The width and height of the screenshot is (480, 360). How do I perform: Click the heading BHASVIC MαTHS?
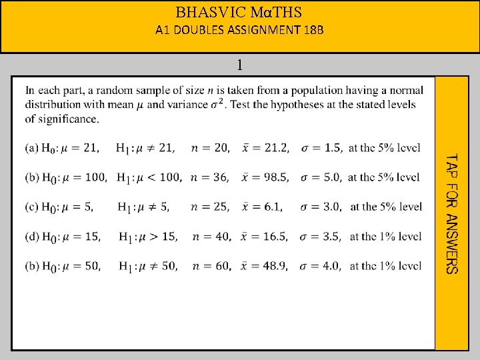click(239, 12)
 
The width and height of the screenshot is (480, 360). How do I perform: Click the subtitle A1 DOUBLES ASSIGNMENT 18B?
click(239, 30)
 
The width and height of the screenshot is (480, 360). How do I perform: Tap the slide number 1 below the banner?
click(239, 65)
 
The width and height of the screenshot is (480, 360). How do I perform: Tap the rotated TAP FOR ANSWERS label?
click(451, 213)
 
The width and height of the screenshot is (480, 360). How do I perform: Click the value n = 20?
click(210, 148)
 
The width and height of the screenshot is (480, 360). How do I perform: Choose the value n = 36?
click(209, 177)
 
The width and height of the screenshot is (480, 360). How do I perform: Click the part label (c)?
click(32, 207)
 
